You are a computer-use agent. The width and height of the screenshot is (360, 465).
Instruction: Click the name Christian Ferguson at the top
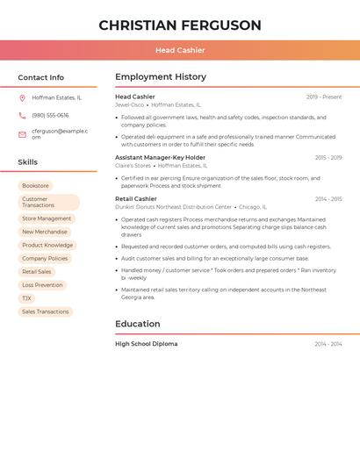[180, 25]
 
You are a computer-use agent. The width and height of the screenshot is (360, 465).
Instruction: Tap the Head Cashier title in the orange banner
[180, 50]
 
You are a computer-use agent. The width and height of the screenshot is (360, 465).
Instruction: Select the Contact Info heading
[41, 77]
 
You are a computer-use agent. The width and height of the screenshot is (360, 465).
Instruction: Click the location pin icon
[22, 98]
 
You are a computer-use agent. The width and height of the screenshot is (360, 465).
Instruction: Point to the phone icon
[22, 116]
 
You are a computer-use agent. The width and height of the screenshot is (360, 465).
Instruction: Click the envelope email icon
[22, 134]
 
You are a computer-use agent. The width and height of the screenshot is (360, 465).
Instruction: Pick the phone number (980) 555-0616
[50, 116]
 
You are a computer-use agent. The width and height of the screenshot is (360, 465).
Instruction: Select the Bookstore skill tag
[36, 186]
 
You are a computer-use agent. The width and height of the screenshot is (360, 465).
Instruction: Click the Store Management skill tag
[47, 218]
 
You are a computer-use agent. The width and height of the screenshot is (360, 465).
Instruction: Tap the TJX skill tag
[26, 298]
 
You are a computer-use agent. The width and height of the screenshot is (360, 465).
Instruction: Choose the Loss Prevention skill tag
[42, 285]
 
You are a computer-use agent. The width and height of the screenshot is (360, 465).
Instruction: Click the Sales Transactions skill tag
[46, 311]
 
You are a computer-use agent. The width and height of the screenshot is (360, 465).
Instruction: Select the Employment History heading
[161, 77]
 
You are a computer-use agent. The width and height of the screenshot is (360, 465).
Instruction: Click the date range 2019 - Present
[324, 97]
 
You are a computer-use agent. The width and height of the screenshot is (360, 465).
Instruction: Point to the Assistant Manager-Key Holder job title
[160, 158]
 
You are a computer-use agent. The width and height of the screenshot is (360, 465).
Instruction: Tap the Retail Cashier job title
[136, 199]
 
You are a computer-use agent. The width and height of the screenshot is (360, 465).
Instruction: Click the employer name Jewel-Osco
[129, 104]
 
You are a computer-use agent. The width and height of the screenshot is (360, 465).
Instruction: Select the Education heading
[138, 324]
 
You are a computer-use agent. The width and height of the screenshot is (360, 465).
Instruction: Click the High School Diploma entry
[146, 344]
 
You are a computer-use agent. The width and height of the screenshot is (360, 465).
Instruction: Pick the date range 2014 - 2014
[328, 344]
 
